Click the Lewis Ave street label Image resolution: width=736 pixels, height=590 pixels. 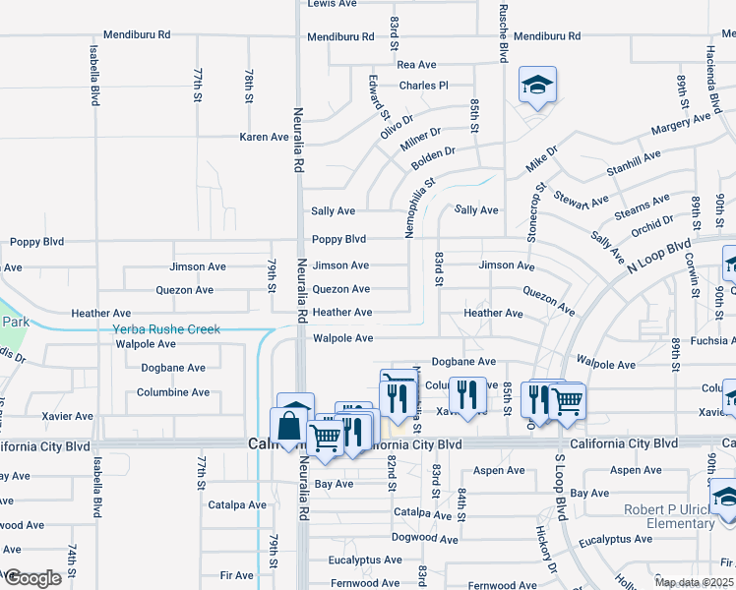tap(332, 4)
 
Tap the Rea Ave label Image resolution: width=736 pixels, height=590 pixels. tap(416, 65)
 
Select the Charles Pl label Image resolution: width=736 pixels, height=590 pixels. tap(423, 86)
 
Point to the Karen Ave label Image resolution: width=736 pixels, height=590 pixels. tap(264, 137)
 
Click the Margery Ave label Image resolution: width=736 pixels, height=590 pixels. tap(680, 124)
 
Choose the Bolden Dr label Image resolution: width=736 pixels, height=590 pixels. tap(433, 155)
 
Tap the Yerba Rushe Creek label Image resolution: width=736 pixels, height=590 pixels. tap(166, 329)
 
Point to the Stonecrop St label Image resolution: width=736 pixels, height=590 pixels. tap(535, 212)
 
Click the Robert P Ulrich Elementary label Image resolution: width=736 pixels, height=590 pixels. tap(667, 516)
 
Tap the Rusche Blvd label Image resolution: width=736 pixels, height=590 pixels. tap(503, 31)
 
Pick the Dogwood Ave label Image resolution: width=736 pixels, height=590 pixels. tap(425, 539)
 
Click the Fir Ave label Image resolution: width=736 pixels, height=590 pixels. tap(237, 575)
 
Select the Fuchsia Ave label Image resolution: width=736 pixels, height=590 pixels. tap(707, 341)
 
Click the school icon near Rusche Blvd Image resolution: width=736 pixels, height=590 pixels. tap(537, 86)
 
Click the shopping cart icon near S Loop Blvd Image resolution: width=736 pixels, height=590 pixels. tap(567, 399)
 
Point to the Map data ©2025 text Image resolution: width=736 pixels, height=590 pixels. tap(693, 582)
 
